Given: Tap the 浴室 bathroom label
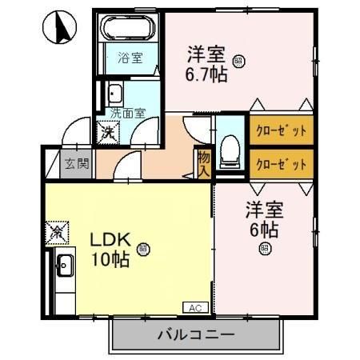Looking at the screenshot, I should [x=129, y=58].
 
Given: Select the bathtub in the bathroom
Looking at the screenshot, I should [x=130, y=30].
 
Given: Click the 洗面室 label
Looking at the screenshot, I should [x=126, y=113].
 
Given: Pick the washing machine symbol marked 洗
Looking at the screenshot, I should [x=106, y=133].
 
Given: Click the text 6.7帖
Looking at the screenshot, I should [x=206, y=75].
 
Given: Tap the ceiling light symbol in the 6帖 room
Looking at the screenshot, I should [x=263, y=249].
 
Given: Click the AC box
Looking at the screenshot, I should [x=194, y=306].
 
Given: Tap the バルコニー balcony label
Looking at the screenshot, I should [x=194, y=334].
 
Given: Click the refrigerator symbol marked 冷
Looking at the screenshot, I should [x=57, y=234].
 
